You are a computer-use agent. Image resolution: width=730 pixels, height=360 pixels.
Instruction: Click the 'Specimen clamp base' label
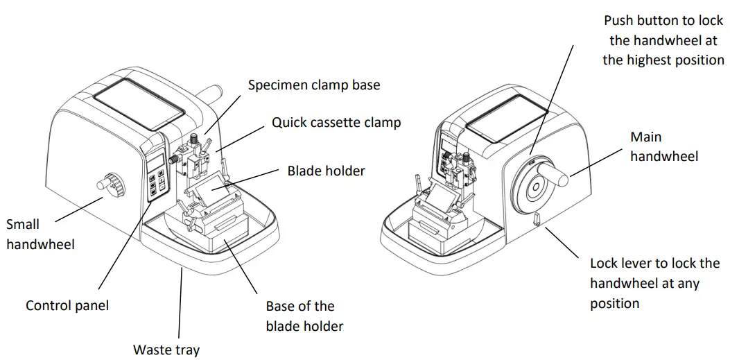point(314,85)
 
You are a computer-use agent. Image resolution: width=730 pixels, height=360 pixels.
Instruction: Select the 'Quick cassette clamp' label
point(336,123)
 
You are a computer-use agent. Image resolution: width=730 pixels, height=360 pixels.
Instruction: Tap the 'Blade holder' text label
point(326,170)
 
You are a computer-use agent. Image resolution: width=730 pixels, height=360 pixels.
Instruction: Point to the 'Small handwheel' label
point(40,234)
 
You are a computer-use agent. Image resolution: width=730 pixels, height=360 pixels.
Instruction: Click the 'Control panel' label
point(67,305)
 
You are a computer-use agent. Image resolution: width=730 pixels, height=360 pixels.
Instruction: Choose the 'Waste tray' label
point(166,350)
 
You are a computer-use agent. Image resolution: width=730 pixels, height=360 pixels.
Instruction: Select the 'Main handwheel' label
point(663,146)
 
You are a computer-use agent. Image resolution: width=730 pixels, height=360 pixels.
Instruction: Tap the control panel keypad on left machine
point(157,181)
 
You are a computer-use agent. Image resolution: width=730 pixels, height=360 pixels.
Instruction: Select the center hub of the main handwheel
point(535,187)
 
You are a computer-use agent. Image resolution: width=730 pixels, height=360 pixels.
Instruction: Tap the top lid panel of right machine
point(503,125)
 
